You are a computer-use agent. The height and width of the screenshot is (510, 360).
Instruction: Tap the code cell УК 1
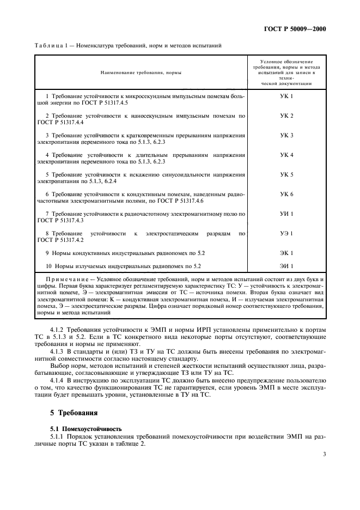286,96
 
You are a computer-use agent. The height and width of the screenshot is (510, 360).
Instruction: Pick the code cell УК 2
286,116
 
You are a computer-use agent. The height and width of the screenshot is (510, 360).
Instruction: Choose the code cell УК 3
286,135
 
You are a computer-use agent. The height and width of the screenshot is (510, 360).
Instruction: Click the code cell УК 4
286,155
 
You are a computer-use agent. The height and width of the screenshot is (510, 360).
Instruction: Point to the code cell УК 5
286,174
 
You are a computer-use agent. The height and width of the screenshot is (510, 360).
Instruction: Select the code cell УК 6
286,194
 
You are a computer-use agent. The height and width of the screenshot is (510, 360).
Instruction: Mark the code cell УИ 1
286,214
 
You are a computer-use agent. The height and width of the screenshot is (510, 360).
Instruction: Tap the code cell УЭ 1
286,233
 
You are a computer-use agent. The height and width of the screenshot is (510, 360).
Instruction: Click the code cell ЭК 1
286,253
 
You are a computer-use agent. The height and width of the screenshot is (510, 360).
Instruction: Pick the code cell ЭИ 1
286,266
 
